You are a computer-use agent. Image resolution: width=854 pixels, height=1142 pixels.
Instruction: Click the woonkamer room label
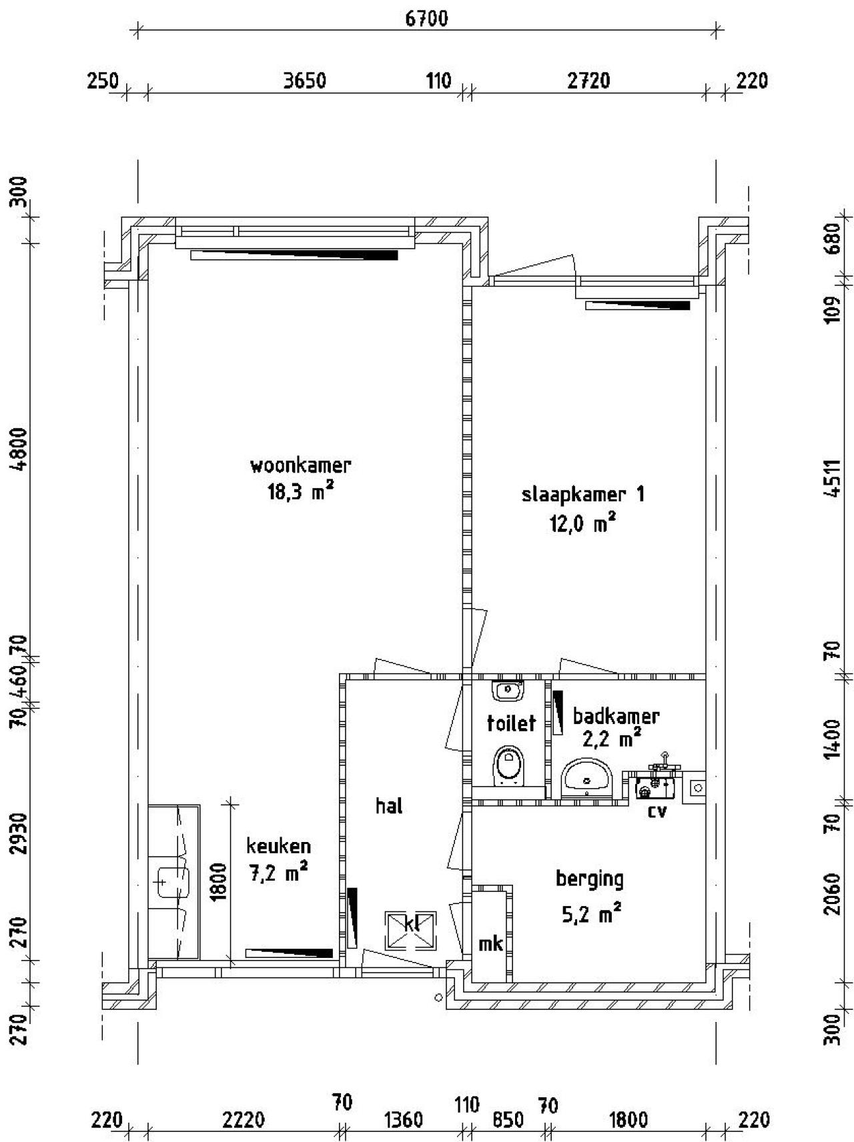pos(300,465)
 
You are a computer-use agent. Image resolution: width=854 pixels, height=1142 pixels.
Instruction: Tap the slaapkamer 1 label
pos(582,495)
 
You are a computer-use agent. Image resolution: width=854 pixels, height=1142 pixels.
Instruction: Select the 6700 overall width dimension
pos(427,18)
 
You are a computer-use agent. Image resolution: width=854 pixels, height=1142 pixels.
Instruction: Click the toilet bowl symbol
pos(509,765)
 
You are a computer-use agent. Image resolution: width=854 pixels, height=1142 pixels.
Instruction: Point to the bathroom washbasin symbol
pos(586,777)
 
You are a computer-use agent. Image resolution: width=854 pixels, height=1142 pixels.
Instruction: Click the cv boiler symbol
pos(657,787)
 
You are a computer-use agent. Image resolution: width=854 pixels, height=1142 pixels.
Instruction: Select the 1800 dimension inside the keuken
pos(220,881)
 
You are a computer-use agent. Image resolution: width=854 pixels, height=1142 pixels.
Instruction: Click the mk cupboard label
pos(490,944)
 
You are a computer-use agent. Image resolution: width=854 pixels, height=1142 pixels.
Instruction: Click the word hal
pos(389,806)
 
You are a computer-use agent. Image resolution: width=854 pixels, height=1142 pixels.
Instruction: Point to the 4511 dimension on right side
pos(832,478)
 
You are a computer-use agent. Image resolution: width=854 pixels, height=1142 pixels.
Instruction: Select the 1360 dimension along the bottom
pos(404,1119)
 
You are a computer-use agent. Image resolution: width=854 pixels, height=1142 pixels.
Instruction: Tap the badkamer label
pos(616,717)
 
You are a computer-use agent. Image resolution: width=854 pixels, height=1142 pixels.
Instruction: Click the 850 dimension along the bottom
pos(508,1119)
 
